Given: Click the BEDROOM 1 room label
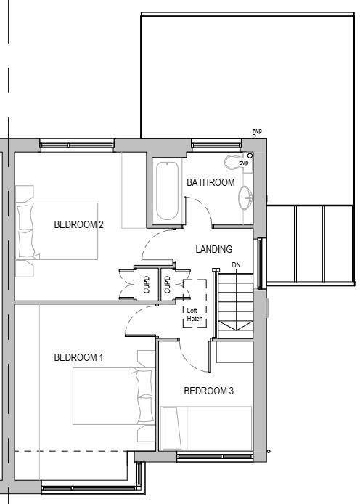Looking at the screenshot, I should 78,357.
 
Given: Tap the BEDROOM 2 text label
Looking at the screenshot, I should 78,224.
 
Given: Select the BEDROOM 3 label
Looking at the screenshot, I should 208,391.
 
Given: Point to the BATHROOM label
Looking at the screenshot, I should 210,182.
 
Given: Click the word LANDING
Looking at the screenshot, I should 213,249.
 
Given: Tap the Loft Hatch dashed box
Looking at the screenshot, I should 195,304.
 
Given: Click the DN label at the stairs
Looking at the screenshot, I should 236,265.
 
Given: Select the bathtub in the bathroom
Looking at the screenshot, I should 167,191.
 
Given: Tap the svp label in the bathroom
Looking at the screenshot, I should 243,163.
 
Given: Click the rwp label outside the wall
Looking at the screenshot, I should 256,131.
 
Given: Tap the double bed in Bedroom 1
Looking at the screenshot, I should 112,397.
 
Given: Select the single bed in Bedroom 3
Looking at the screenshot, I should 206,428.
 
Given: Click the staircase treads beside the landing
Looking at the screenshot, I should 234,301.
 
